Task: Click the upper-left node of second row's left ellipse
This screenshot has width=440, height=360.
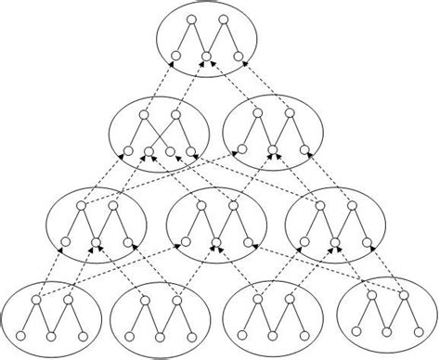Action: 144,117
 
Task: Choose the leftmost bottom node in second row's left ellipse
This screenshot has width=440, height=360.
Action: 128,152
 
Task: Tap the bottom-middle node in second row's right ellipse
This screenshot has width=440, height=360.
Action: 273,148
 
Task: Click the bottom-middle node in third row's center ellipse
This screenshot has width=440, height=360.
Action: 215,243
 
